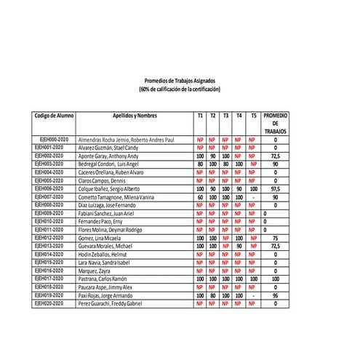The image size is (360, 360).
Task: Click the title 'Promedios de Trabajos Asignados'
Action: (x=179, y=81)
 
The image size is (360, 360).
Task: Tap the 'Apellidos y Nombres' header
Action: (x=135, y=116)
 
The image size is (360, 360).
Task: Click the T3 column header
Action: (x=226, y=116)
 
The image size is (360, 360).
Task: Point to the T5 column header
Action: (x=253, y=116)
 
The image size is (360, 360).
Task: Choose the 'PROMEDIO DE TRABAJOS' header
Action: (x=276, y=124)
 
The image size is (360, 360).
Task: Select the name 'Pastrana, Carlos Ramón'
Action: (x=107, y=277)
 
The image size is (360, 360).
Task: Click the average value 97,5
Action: (x=276, y=188)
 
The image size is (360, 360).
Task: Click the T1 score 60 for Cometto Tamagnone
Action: (x=200, y=196)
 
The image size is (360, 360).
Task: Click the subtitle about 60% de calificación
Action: (x=179, y=89)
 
